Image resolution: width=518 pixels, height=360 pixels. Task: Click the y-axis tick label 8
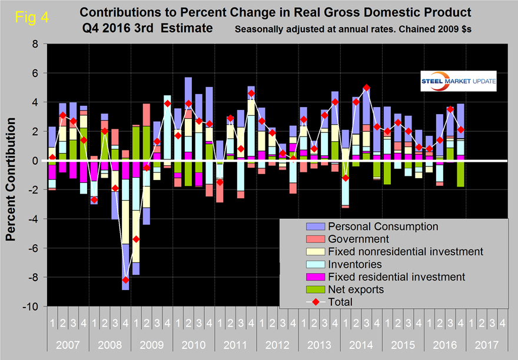(x=35, y=44)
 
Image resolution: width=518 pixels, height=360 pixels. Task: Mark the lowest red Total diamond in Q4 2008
(x=125, y=280)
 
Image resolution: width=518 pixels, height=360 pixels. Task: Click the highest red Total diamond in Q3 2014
(x=366, y=88)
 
